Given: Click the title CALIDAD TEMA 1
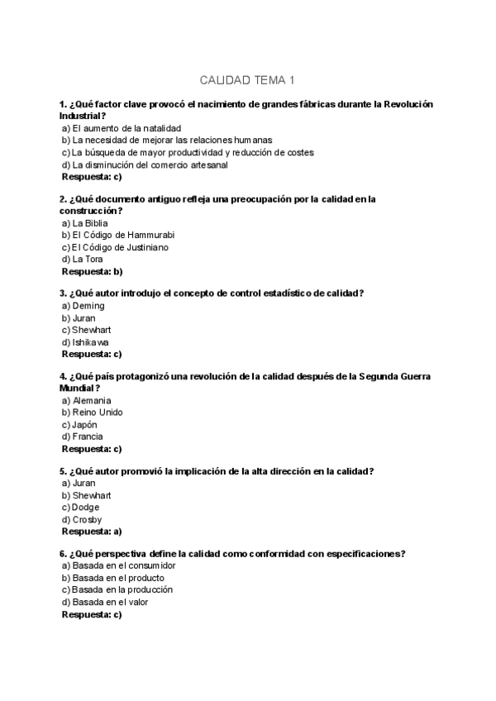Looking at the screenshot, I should coord(247,80).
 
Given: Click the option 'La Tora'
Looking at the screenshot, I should coord(82,259).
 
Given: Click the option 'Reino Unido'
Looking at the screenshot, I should coord(92,412).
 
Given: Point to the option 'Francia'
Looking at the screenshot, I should coord(83,436).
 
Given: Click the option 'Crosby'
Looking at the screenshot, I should coord(82,520).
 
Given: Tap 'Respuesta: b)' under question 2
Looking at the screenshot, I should coord(92,271).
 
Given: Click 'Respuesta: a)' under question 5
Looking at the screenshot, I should coord(92,532).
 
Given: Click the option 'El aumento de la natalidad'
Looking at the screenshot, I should coord(121,129).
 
